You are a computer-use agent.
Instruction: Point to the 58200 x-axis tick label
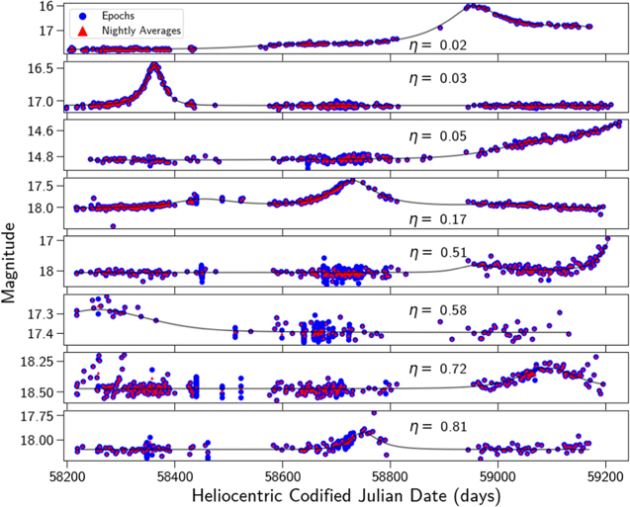(67, 472)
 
